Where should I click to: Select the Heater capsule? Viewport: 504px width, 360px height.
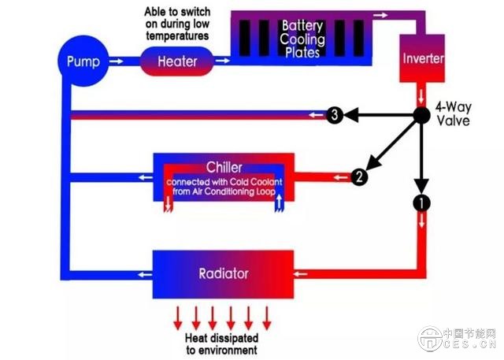tap(177, 61)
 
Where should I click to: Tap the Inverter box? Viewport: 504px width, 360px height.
tap(424, 59)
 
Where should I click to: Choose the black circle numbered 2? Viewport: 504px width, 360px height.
tap(358, 176)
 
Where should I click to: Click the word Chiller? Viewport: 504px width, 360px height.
tap(224, 167)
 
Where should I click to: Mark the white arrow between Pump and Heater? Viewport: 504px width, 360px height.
tap(115, 61)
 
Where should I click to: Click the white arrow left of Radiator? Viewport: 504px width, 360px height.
tap(142, 275)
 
